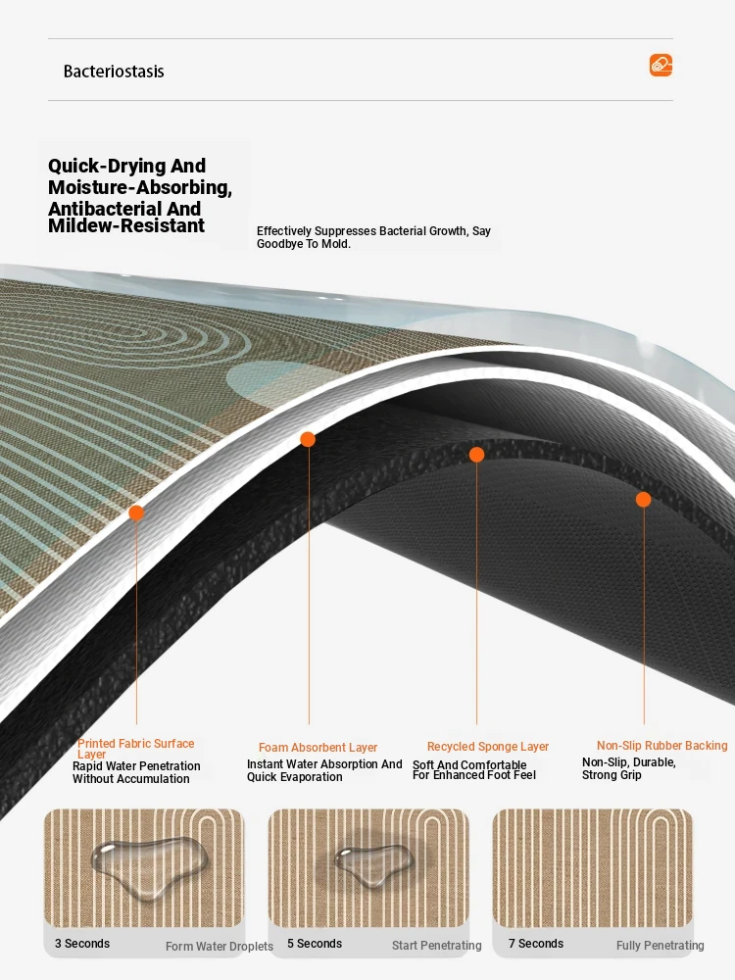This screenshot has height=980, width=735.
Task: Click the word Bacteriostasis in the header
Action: (114, 72)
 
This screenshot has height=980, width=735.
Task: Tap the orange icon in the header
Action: (661, 65)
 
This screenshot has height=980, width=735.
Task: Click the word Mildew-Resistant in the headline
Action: (126, 225)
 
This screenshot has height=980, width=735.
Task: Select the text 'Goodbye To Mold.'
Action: (304, 244)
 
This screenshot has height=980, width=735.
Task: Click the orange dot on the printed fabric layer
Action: (136, 514)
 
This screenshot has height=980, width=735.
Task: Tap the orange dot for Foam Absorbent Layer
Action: (308, 439)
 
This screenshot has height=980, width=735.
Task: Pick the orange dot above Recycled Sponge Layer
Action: (476, 455)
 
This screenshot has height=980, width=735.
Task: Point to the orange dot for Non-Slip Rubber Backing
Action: (643, 500)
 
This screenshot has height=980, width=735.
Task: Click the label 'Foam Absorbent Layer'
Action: (318, 748)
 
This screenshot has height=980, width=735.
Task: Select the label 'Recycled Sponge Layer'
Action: (488, 746)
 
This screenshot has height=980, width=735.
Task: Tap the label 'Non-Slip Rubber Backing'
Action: (661, 746)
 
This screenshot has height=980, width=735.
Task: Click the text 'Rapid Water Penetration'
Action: (136, 766)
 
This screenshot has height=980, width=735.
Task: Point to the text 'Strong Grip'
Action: (612, 775)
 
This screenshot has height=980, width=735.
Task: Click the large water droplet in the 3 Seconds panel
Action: (148, 863)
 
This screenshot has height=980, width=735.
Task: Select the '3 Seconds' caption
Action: (82, 944)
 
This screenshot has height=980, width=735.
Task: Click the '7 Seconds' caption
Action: (536, 944)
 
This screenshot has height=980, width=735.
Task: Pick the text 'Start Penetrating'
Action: (437, 946)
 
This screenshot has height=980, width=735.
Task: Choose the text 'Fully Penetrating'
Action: (660, 946)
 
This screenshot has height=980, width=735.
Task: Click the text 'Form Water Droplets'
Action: (220, 947)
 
